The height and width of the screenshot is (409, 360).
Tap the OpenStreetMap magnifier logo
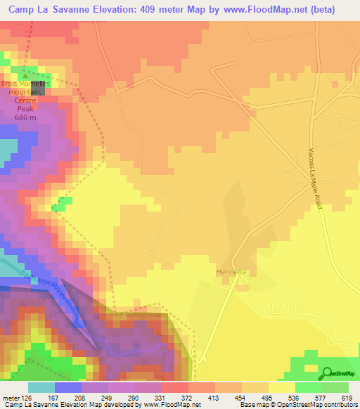327,373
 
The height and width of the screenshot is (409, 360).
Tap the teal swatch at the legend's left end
41,387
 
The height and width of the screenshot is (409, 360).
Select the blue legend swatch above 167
68,387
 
